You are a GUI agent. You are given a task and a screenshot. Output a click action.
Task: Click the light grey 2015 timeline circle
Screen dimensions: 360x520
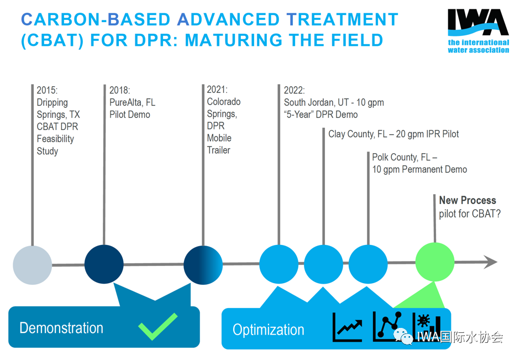coord(32,264)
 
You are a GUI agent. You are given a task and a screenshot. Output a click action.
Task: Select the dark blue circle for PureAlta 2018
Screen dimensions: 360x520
coord(104,264)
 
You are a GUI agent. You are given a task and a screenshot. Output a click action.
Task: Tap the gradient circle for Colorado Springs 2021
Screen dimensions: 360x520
coord(203,264)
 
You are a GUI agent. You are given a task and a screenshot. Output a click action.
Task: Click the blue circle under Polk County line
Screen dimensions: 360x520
coord(368,263)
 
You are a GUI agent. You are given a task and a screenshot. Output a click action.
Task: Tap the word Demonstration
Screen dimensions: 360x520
coord(61,328)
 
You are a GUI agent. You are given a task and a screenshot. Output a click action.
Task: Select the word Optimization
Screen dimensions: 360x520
coord(268,330)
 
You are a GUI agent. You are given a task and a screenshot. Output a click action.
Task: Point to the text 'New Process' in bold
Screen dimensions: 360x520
coord(468,201)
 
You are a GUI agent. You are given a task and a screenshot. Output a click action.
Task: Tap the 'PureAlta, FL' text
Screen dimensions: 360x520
coord(132,102)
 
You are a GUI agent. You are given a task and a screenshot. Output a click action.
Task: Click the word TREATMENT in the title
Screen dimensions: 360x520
coord(343,19)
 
